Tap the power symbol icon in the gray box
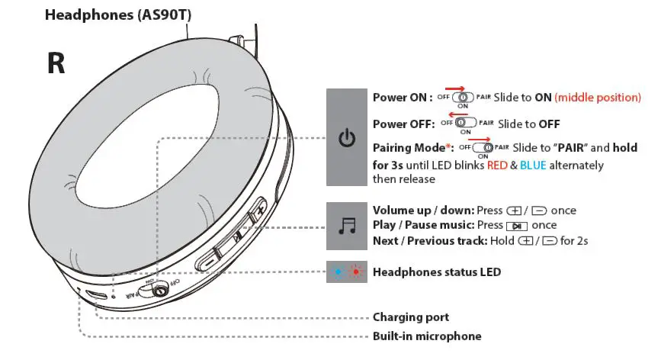[347, 138]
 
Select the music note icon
[347, 226]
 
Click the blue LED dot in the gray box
[339, 272]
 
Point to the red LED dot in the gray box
[355, 272]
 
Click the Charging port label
[410, 317]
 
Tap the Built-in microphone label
[426, 336]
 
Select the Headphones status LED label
[436, 272]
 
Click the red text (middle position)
[597, 98]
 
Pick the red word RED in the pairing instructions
[501, 166]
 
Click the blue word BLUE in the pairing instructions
[534, 166]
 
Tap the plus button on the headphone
[259, 211]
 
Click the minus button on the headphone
[208, 259]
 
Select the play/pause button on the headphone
[236, 236]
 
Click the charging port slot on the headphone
[95, 294]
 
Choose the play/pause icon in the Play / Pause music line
[516, 226]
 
